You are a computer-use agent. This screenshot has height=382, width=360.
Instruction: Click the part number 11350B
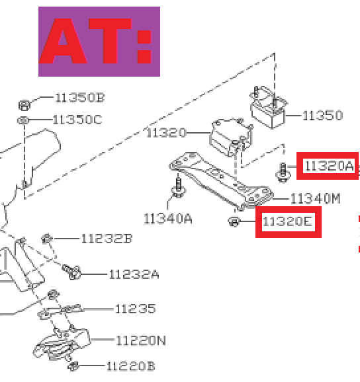click(80, 98)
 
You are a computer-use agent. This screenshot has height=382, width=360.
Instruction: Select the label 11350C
click(77, 120)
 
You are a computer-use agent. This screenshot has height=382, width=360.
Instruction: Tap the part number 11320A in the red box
click(329, 166)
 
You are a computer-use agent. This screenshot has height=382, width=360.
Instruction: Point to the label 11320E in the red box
click(287, 221)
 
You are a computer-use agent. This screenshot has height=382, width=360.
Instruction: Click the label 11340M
click(316, 198)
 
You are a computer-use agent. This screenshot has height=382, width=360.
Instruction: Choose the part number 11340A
click(168, 219)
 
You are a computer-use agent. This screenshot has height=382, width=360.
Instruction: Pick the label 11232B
click(107, 239)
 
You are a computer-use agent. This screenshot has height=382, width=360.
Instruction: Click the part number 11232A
click(134, 274)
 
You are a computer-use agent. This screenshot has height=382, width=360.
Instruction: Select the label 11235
click(136, 309)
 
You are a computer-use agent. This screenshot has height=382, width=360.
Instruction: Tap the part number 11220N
click(141, 340)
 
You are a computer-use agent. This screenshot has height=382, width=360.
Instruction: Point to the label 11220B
click(131, 366)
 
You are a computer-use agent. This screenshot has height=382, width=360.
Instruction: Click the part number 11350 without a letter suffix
click(322, 115)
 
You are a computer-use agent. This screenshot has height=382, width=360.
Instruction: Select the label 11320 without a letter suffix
click(166, 133)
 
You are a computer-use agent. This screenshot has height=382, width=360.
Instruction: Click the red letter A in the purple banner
click(64, 41)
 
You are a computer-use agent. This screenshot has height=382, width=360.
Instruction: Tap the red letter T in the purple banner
click(111, 41)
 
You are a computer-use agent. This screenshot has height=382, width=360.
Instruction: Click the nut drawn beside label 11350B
click(24, 105)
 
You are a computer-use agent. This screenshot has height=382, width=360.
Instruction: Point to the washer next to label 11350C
click(23, 120)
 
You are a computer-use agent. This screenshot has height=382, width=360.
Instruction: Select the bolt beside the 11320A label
click(283, 172)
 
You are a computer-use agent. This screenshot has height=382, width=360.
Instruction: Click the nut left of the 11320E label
click(234, 221)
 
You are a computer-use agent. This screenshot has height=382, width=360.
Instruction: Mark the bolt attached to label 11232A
click(71, 272)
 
